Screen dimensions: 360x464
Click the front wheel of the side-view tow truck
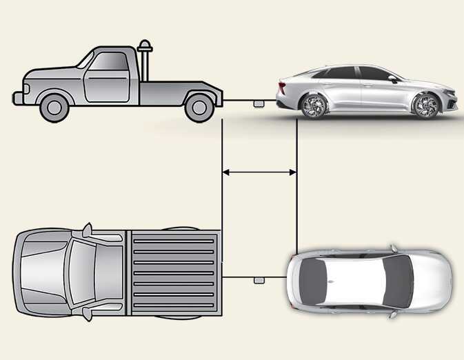[54, 106]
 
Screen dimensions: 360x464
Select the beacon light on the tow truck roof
[145, 47]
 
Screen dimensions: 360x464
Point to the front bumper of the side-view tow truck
[17, 97]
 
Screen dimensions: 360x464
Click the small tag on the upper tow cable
[259, 103]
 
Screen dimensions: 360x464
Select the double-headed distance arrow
[259, 172]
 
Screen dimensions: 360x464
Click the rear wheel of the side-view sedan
[314, 105]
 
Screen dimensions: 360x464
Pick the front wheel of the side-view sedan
[425, 106]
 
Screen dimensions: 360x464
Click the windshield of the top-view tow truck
[75, 273]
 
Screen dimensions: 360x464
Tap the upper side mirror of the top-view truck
[87, 229]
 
